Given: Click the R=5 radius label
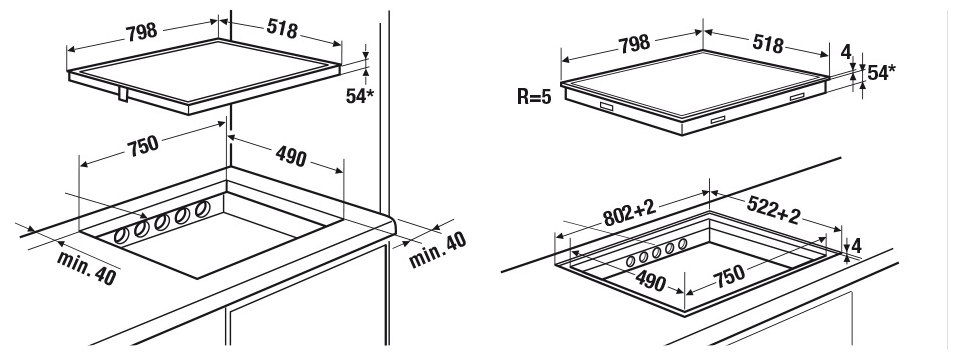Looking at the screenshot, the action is click(533, 97).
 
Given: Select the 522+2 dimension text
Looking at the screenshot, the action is click(773, 211).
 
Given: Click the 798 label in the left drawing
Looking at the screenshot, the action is click(142, 32).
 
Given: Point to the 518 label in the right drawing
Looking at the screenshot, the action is click(767, 43).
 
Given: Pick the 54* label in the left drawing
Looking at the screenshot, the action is click(360, 95).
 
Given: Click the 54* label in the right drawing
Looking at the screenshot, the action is click(882, 73).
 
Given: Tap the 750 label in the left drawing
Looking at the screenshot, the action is click(143, 145).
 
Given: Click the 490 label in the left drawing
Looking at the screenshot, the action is click(291, 156).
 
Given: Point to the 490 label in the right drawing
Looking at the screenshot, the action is click(650, 281).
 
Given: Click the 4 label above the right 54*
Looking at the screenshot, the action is click(846, 52).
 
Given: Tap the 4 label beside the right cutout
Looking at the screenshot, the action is click(856, 246).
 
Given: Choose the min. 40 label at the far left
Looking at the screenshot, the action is click(86, 267).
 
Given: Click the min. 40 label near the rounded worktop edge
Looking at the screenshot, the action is click(437, 249).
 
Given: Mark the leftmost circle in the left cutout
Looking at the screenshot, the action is click(122, 234).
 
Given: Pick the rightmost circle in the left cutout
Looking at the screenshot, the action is click(202, 210).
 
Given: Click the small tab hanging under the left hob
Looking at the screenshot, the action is click(123, 94).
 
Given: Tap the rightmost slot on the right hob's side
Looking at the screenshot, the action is click(797, 97).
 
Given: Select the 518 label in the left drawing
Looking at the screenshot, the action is click(282, 29).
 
